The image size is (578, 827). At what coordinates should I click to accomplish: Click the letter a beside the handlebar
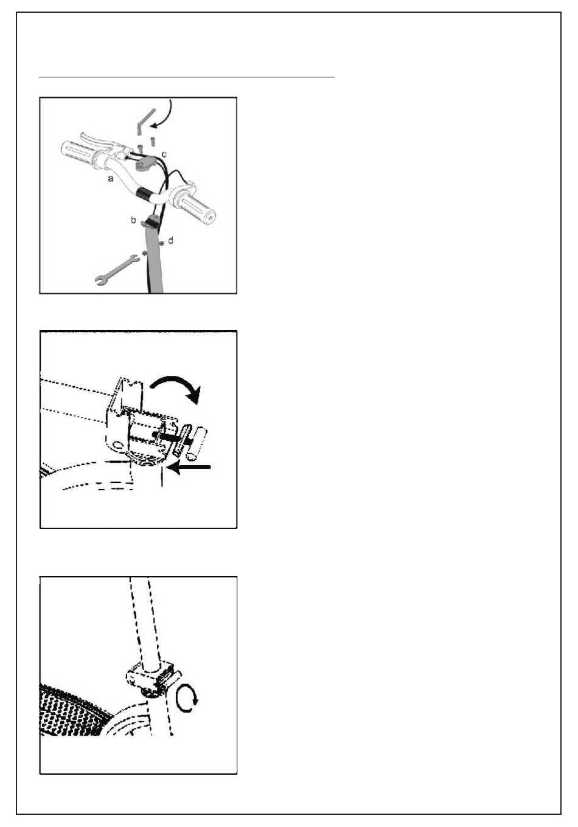click(x=111, y=179)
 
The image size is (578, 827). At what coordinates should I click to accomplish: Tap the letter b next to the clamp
click(x=133, y=220)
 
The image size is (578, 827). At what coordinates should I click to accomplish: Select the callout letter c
click(x=164, y=154)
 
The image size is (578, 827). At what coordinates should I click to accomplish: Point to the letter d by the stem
click(x=170, y=241)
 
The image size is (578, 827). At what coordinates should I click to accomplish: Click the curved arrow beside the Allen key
click(x=164, y=115)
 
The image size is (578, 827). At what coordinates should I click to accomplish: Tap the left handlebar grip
click(x=78, y=153)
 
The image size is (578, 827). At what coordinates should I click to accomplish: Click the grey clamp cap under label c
click(x=144, y=164)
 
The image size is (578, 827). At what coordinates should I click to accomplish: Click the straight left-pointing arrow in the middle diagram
click(x=189, y=467)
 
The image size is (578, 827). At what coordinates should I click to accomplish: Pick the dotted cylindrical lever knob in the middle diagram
click(x=198, y=443)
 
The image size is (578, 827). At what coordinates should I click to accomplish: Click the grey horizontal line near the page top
click(x=187, y=77)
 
